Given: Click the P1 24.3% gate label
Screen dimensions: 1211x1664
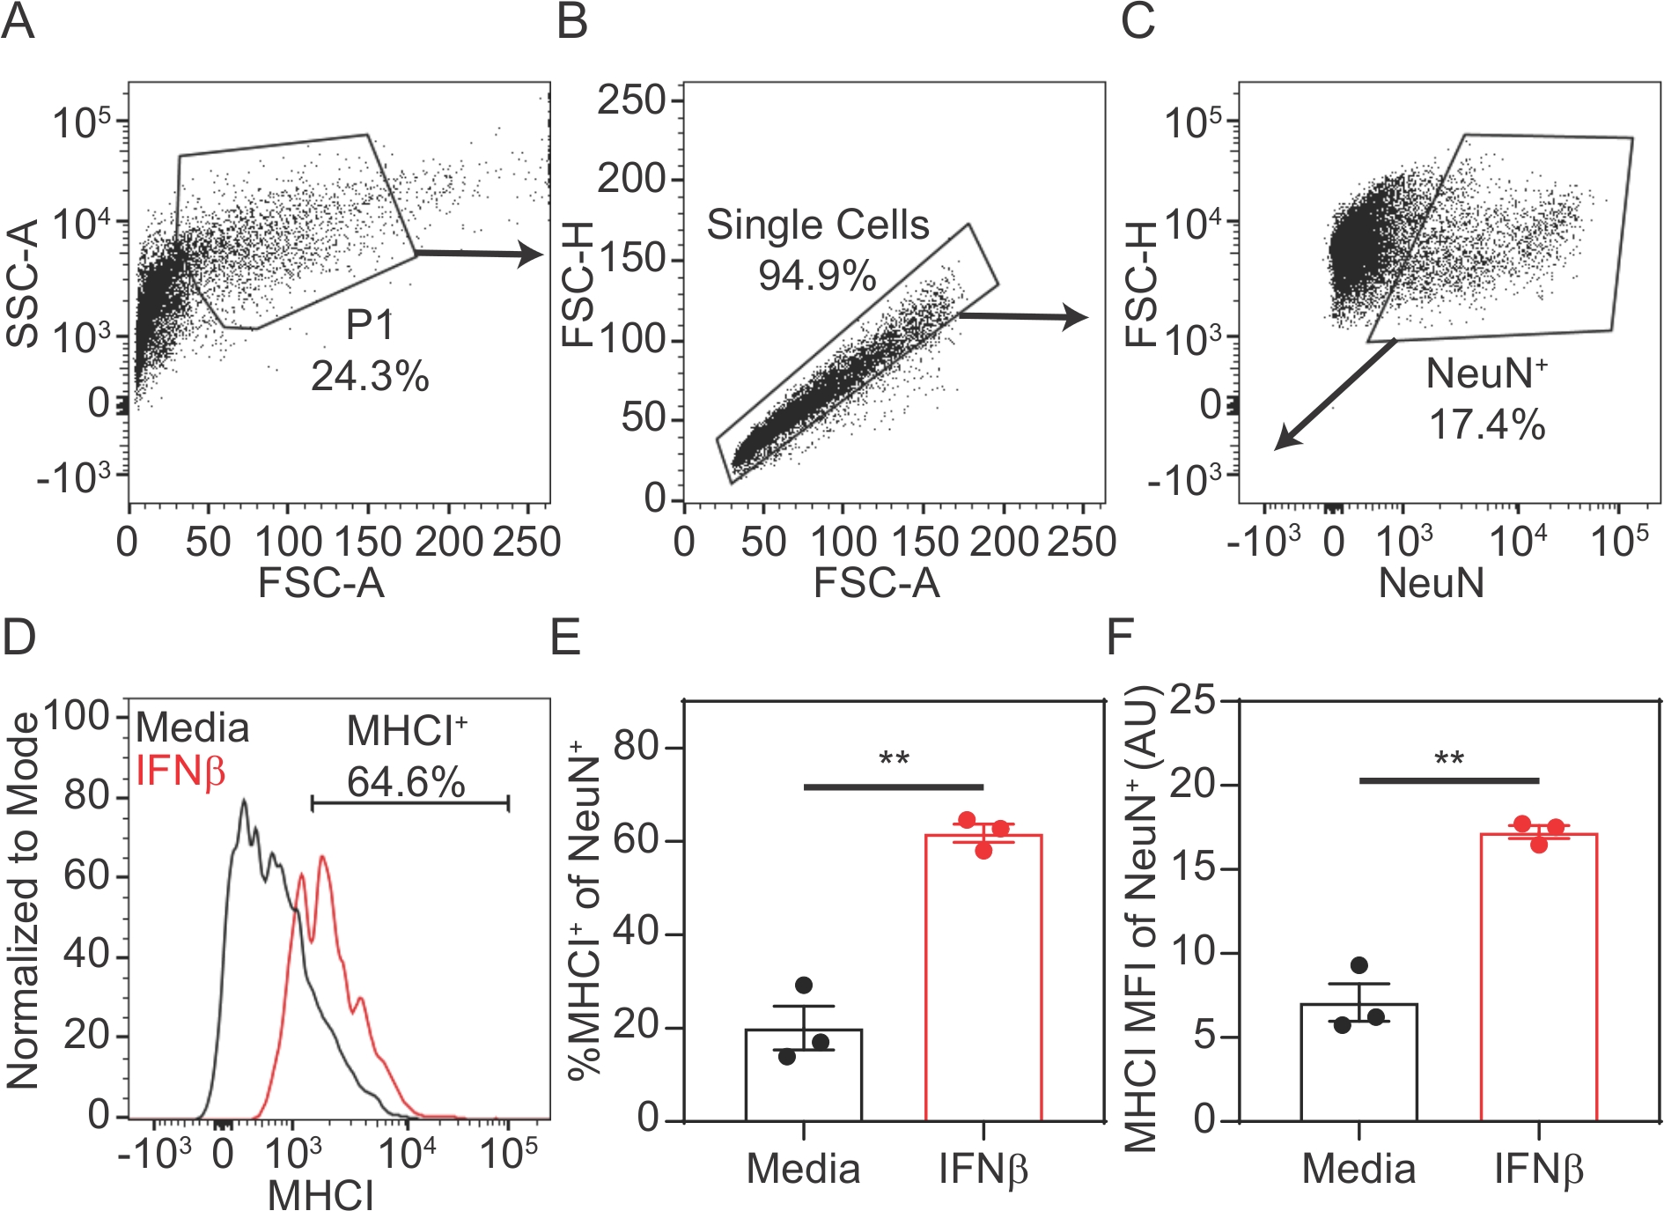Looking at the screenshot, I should click(370, 351).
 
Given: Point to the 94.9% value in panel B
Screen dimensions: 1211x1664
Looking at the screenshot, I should click(817, 276).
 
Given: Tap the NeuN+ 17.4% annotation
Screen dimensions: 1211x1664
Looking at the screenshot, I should click(1486, 399).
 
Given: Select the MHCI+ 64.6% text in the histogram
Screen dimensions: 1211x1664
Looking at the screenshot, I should click(406, 756).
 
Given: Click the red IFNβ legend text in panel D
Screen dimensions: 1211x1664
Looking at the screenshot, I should click(180, 772).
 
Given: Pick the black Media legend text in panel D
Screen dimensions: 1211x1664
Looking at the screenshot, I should click(193, 728).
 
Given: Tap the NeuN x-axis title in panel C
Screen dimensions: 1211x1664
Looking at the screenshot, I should click(1431, 583).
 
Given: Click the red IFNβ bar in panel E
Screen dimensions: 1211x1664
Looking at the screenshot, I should click(983, 978).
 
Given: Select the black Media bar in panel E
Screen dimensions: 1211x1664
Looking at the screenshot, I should click(803, 1074).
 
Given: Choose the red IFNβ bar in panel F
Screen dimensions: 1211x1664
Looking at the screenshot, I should click(1538, 978).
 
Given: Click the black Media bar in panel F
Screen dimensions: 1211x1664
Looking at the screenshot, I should click(1358, 1061).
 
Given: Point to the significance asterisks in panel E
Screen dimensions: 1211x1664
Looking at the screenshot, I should click(894, 758).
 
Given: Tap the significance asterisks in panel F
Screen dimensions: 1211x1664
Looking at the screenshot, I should click(1449, 758).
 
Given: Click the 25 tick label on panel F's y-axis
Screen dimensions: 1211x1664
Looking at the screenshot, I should click(1193, 701).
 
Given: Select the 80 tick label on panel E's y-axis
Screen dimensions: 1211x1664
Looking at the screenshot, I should click(637, 748).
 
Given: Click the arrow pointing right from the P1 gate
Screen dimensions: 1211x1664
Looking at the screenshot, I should click(480, 254).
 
